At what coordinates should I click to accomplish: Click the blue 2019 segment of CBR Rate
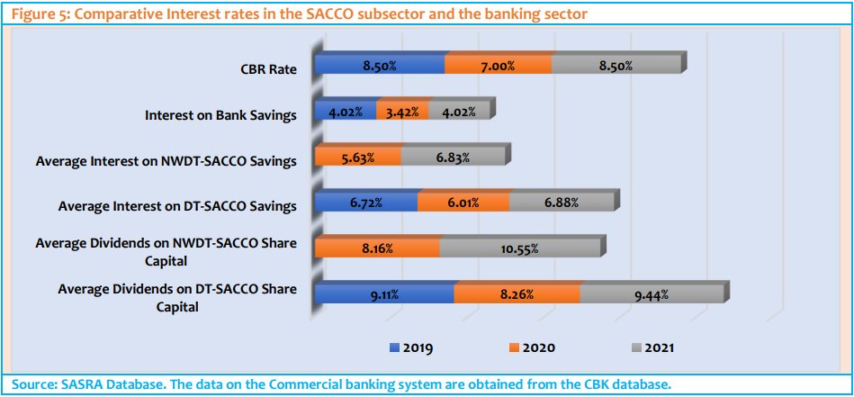click(379, 66)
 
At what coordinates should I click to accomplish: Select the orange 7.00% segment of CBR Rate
click(498, 66)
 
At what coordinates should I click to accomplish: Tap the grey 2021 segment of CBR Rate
click(616, 66)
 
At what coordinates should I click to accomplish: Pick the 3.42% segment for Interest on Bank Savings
click(402, 113)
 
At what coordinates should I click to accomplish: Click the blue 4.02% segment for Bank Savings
click(346, 113)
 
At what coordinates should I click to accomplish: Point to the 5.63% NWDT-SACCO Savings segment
click(357, 158)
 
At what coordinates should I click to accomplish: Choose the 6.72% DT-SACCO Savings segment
click(365, 204)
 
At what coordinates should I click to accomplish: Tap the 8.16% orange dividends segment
click(376, 249)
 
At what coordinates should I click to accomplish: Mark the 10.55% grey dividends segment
click(519, 249)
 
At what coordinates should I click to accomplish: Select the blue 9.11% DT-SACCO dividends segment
click(383, 294)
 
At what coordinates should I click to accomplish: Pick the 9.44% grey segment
click(652, 294)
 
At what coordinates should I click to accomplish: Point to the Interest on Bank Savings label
click(221, 115)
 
